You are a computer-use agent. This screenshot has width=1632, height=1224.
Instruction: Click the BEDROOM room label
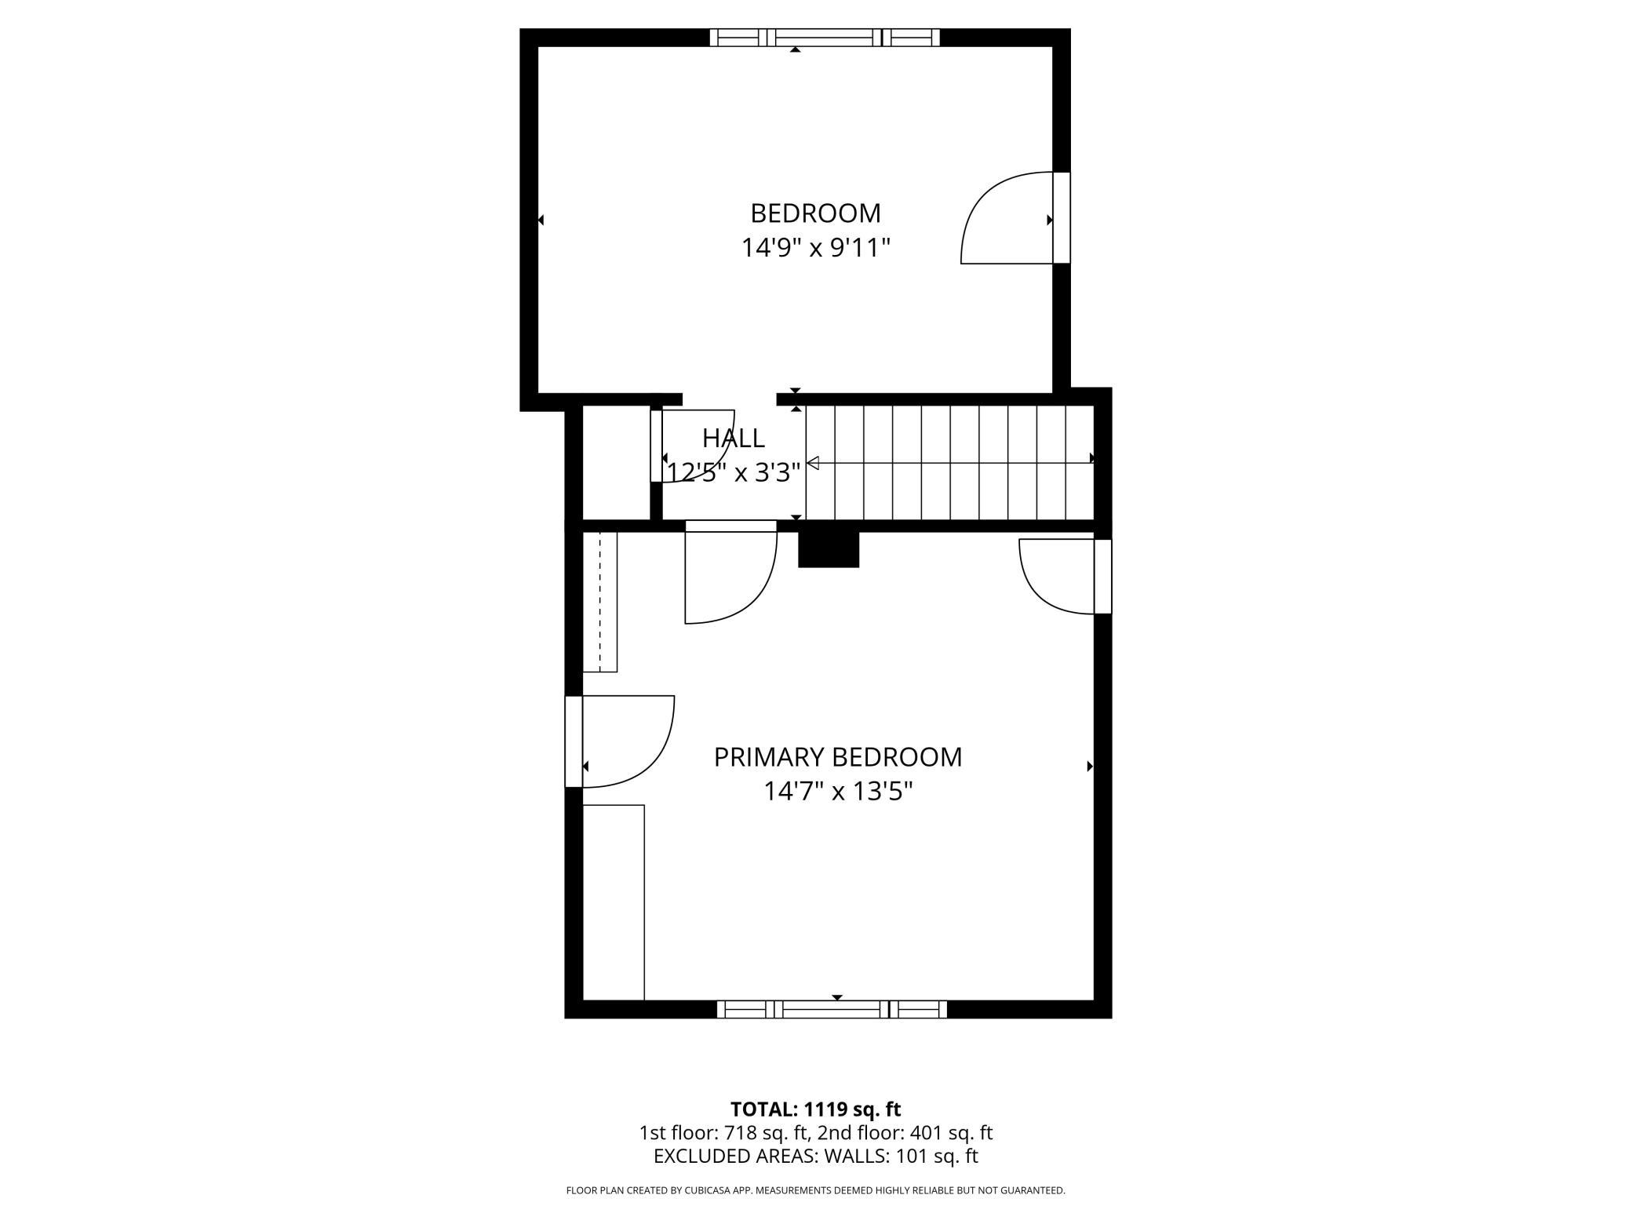point(815,213)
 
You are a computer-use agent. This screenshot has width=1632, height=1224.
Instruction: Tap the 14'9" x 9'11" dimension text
point(816,248)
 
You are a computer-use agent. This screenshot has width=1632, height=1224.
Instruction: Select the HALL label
point(734,438)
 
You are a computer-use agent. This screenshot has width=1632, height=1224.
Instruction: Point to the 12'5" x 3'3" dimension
point(734,472)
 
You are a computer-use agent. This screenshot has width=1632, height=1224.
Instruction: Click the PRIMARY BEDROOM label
point(838,757)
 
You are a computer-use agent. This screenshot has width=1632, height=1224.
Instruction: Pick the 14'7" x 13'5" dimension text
point(839,792)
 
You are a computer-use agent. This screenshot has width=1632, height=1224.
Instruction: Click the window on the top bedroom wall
point(825,38)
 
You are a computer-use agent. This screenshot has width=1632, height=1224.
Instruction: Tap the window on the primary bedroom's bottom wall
point(832,1009)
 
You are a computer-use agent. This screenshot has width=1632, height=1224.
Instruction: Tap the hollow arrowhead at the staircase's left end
point(813,464)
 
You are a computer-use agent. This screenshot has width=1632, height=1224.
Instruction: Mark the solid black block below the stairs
point(829,549)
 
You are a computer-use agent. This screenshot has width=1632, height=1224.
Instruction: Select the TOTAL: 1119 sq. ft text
point(816,1109)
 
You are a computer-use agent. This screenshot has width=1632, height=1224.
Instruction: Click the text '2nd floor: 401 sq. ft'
point(905,1133)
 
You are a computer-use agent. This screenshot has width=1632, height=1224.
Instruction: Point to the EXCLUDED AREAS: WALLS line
point(816,1157)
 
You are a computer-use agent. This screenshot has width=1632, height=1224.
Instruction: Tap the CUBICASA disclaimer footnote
point(816,1191)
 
